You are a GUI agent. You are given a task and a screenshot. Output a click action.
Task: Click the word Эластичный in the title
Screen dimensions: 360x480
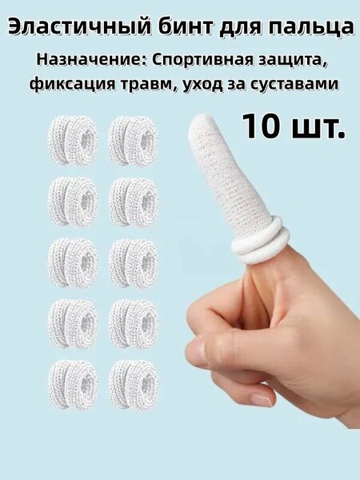79,27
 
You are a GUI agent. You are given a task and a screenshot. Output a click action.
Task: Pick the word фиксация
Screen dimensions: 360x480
72,84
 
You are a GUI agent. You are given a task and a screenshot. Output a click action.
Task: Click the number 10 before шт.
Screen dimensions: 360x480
261,126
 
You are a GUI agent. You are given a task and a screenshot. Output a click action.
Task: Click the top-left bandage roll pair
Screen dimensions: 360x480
73,141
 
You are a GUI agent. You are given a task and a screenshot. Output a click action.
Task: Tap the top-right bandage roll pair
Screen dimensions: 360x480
133,141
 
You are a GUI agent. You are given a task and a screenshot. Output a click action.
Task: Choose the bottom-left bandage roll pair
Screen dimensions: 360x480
73,385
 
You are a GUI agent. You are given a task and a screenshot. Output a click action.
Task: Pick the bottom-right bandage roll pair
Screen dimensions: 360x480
133,385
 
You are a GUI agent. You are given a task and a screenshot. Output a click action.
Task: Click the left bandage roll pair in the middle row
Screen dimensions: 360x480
73,263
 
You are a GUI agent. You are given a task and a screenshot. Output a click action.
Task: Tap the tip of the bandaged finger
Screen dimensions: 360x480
201,116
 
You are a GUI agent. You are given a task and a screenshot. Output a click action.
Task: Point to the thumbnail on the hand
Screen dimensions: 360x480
195,352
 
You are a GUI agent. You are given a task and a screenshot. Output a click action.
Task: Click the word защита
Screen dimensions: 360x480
292,60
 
